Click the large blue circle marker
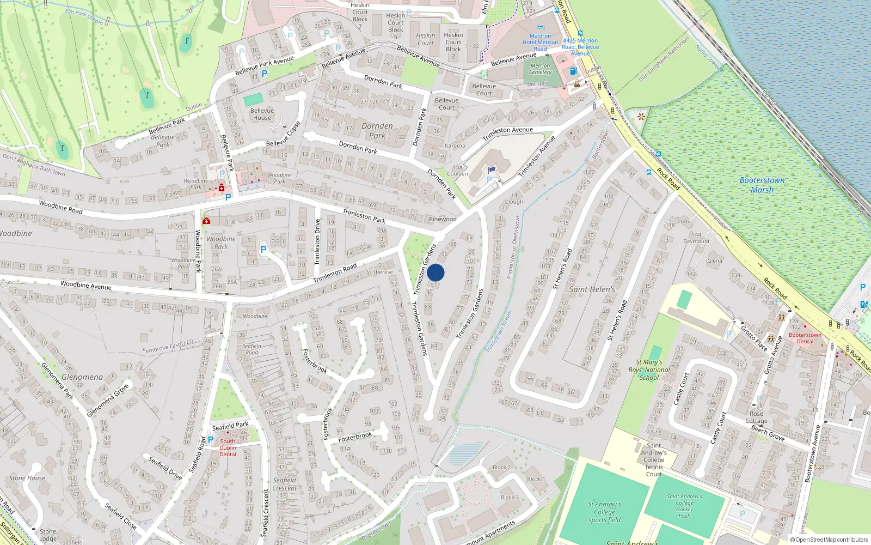pos(436,272)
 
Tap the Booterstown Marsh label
pos(762,185)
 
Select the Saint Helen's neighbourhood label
pos(592,289)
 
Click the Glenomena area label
pos(82,377)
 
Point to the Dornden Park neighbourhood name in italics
pos(377,131)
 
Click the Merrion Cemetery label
pos(540,69)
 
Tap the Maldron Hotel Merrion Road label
pos(541,42)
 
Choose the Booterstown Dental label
pos(805,338)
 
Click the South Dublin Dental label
pos(228,447)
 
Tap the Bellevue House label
pos(262,114)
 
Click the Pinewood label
pos(443,219)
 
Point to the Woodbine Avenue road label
pos(86,285)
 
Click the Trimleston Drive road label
pos(317,241)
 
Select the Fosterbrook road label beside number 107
pos(355,437)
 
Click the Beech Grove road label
pos(768,433)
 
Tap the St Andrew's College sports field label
pos(604,512)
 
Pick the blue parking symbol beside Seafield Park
pos(211,439)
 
